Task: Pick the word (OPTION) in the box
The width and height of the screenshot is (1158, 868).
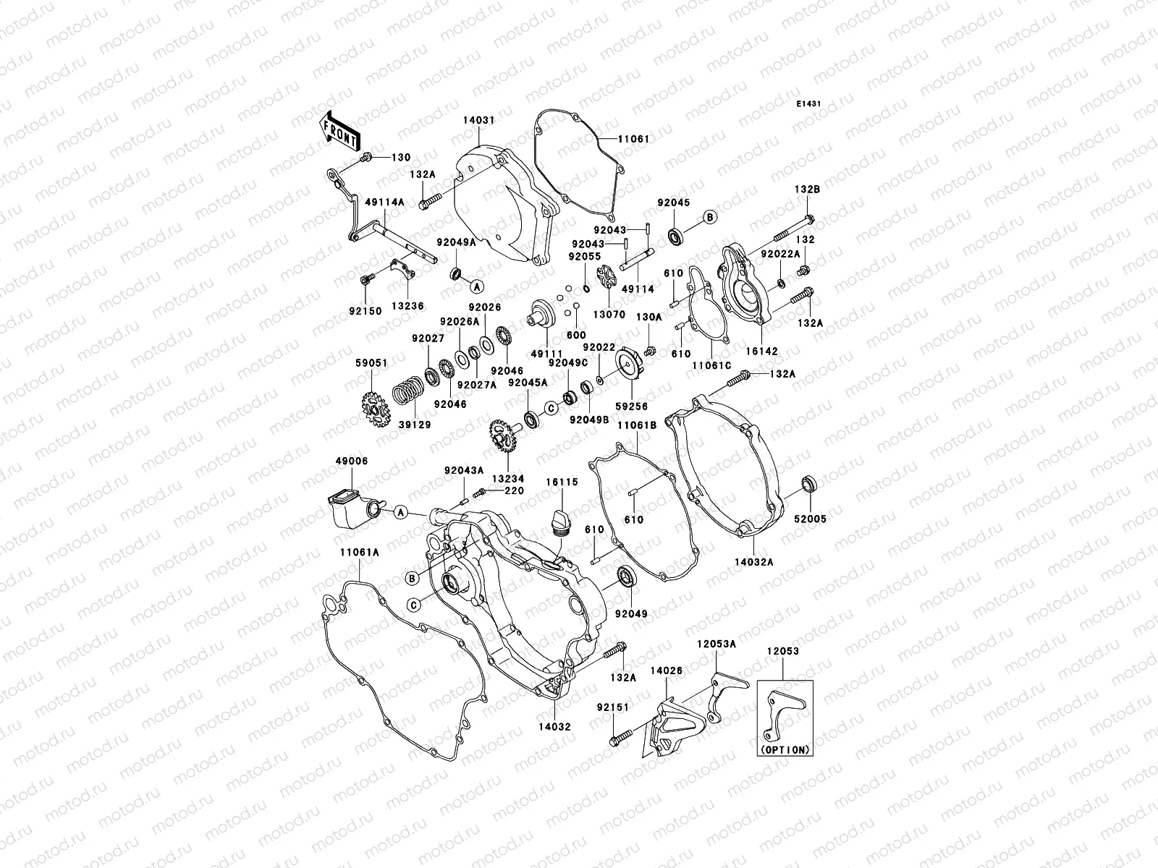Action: (x=785, y=750)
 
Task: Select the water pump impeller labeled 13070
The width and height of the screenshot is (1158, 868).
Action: (x=604, y=279)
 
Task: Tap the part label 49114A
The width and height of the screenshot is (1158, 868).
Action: (x=369, y=202)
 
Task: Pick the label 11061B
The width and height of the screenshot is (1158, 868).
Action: (x=636, y=425)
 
